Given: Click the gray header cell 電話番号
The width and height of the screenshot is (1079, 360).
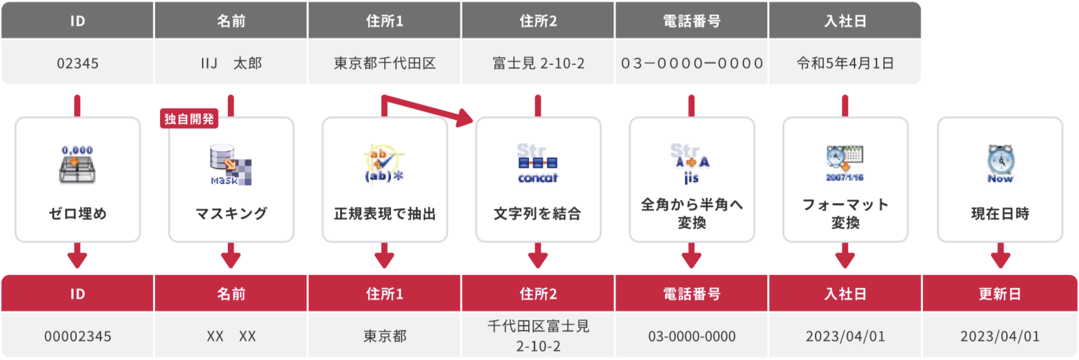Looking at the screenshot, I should (691, 21).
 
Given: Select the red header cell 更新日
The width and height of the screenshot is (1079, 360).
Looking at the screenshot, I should (999, 294).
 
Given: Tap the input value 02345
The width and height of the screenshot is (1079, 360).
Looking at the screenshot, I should (78, 63).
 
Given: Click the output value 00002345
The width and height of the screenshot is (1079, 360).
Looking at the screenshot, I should (78, 336).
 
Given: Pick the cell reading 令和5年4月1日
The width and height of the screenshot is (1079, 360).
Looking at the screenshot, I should (845, 63).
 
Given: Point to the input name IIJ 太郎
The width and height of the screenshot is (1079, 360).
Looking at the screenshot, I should (231, 63).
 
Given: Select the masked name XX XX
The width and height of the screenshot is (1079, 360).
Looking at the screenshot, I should (231, 336).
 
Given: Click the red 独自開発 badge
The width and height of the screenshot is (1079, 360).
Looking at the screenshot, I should (189, 119).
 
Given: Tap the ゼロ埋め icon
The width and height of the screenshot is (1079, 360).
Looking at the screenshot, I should (77, 165).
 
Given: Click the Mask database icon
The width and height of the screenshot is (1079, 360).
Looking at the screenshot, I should (230, 165).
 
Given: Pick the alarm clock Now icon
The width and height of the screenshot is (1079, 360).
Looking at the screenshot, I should (1000, 164).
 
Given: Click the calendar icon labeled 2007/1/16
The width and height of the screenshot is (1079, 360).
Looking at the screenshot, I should (845, 164).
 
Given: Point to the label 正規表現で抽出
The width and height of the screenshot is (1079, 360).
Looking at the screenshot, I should (385, 214).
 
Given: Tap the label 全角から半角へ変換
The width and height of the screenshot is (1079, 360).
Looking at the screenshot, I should (691, 213).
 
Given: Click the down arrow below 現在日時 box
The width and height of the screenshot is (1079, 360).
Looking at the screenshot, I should (1000, 256).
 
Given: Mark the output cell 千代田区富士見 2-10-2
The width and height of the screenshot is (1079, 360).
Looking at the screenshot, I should (538, 336).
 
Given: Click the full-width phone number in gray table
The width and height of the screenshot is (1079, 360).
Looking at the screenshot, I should (691, 63).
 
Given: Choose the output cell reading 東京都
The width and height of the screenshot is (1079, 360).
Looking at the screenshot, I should (385, 336).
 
